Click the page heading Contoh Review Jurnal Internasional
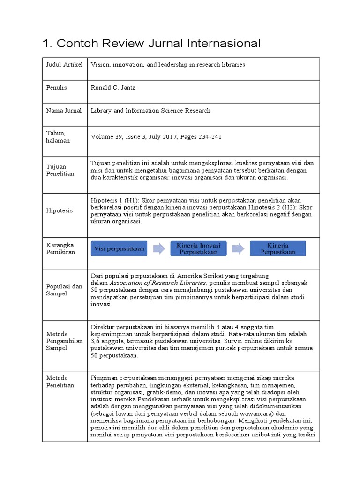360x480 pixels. coord(151,44)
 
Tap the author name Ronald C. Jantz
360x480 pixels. coord(113,88)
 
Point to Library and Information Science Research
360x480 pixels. coord(150,111)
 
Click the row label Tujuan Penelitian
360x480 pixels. coord(60,170)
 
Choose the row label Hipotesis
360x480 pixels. coord(59,210)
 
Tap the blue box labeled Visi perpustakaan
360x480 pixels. coord(120,248)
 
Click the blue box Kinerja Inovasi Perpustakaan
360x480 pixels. coord(198,248)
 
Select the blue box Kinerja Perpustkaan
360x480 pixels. coord(277,248)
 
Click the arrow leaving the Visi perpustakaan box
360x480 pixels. coord(159,248)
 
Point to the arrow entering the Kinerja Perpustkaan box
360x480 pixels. coord(238,248)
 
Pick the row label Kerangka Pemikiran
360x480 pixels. coord(60,248)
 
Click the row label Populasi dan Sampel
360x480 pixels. coord(64,290)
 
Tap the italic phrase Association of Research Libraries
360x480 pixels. coord(158,283)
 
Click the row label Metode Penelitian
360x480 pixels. coord(60,381)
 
